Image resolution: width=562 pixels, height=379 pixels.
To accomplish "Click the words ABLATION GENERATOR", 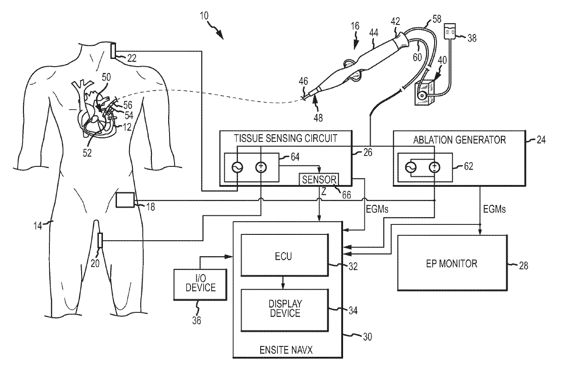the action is tap(460, 140).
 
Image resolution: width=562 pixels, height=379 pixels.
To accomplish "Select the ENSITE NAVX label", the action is tap(286, 350).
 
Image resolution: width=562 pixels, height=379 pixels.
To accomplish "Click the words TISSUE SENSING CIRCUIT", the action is tap(286, 138).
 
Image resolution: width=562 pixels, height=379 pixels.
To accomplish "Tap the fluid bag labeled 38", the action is tap(450, 31).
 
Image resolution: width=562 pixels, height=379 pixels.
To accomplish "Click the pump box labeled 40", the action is tap(425, 93).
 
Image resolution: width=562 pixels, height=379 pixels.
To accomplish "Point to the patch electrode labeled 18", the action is tap(125, 200).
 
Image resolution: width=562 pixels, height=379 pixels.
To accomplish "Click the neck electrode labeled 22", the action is tap(113, 51).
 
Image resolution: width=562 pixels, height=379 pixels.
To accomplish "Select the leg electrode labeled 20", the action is tap(100, 240).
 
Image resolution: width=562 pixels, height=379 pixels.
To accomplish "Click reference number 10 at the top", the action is tap(204, 16).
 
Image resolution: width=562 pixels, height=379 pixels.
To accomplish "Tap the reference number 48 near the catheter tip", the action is tap(318, 117).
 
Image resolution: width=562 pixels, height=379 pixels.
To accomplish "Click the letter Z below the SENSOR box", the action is tap(324, 192).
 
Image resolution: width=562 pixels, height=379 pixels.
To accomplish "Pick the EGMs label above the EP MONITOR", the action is tap(494, 209).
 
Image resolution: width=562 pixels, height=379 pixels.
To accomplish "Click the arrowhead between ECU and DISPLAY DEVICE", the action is tap(283, 286).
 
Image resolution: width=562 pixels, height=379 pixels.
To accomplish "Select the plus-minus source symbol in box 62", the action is tap(434, 167).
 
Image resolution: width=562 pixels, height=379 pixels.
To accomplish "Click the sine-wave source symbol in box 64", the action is tap(237, 167).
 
